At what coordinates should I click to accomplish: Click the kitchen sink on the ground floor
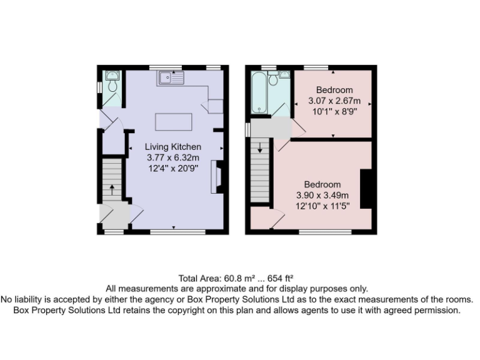171,78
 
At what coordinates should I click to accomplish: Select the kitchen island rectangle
171,121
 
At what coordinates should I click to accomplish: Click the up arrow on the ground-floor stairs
112,187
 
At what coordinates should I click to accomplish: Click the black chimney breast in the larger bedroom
367,188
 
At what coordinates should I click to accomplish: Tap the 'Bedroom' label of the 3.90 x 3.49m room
322,184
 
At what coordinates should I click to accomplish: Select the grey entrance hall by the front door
114,214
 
